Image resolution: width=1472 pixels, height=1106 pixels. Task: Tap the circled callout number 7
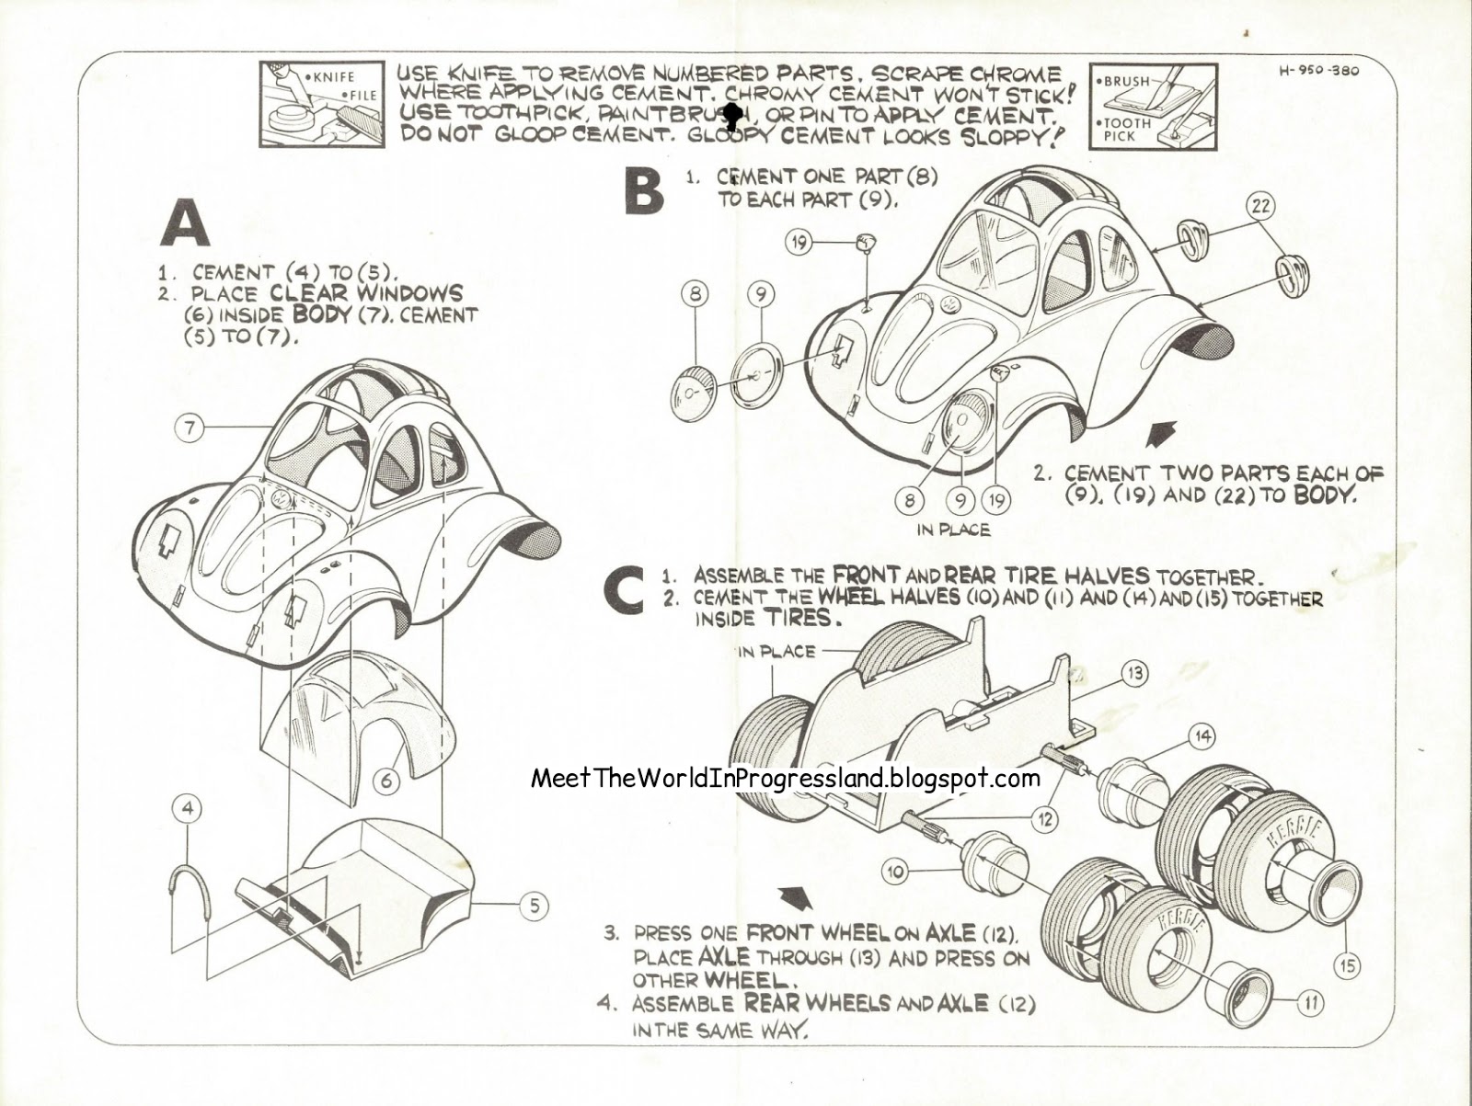coord(190,428)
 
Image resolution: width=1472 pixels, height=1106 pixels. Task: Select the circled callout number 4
coord(187,809)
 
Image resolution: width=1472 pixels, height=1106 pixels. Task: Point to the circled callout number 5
coord(533,906)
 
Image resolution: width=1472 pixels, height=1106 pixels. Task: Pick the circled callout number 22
coord(1259,206)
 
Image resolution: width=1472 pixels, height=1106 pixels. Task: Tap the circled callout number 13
coord(1135,674)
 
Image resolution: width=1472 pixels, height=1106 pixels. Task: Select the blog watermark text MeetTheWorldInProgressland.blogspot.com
coord(786,779)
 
